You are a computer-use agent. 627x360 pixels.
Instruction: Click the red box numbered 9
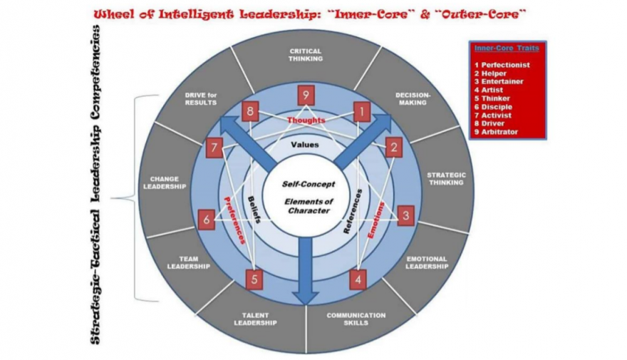click(x=306, y=95)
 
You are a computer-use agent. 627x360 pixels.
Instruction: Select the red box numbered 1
click(x=362, y=110)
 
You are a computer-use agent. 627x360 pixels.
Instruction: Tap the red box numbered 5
click(x=255, y=279)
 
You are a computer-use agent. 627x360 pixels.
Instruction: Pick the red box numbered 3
click(x=405, y=215)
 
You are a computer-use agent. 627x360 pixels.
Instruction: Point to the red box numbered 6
click(x=206, y=219)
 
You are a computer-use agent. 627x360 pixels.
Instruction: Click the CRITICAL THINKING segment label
click(x=306, y=55)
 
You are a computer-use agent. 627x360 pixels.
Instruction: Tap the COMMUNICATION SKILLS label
click(x=356, y=319)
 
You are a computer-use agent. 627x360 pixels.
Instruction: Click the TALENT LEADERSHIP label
click(x=255, y=318)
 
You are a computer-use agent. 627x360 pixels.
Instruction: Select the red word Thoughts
click(x=306, y=120)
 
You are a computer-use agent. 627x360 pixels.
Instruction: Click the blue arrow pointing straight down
click(x=306, y=279)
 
